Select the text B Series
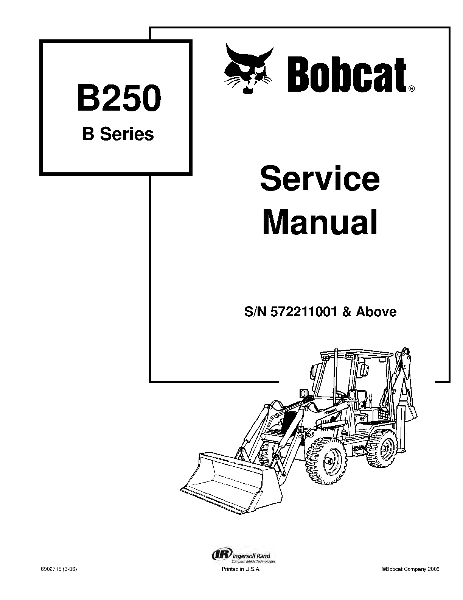118,134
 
